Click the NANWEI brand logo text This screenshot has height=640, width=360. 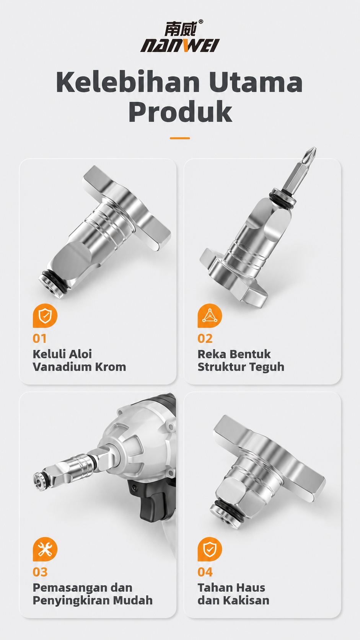click(180, 46)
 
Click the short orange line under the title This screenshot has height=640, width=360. click(180, 138)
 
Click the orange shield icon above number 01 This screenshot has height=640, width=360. click(45, 316)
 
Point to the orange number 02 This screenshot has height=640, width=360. click(205, 339)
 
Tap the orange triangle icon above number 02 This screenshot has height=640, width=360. click(210, 316)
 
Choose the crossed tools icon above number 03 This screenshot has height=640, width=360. click(45, 549)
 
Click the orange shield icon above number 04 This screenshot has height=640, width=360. click(210, 549)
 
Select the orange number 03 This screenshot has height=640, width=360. click(40, 572)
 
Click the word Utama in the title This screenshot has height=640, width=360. click(256, 82)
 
